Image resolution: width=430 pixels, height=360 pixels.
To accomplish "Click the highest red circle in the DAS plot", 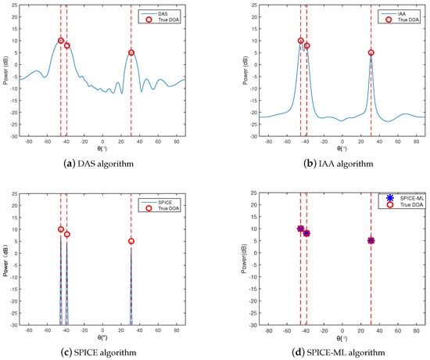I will (x=61, y=41).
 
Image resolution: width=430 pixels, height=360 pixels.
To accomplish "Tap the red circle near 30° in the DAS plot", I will (x=131, y=52).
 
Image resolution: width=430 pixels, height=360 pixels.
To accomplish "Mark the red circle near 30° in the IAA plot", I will (x=371, y=52).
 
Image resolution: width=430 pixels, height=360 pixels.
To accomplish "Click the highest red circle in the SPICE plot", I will (x=61, y=229).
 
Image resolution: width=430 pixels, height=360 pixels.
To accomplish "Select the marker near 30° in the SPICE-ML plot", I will (x=371, y=240).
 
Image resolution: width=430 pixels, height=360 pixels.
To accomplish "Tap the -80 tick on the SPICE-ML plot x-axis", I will (x=268, y=332).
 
